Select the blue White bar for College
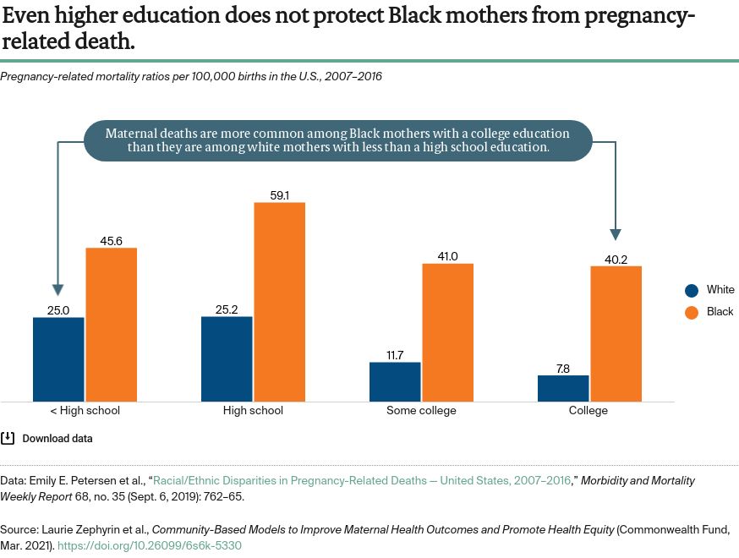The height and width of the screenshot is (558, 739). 563,388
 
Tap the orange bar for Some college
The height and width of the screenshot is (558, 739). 447,332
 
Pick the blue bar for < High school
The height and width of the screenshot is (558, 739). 58,359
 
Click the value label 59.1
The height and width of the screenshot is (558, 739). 279,195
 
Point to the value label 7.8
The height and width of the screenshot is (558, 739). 563,368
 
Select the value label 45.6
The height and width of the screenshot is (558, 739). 111,241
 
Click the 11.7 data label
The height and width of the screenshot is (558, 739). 395,355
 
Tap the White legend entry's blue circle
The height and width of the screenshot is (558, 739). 692,290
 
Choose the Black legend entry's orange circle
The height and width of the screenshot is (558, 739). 692,312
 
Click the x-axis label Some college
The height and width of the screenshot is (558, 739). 421,411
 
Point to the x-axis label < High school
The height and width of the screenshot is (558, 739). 85,411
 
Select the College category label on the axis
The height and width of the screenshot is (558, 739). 588,411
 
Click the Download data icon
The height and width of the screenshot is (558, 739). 8,438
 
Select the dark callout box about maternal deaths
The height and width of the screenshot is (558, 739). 338,140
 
